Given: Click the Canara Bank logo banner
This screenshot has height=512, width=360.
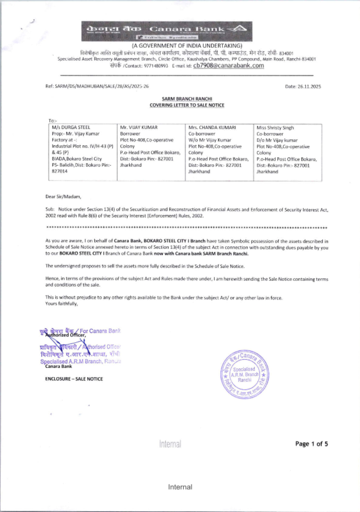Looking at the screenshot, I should pos(167,31).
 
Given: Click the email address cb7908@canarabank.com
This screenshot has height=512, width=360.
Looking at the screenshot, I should pos(229,65).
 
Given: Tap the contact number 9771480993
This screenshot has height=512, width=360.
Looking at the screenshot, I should pos(156,66).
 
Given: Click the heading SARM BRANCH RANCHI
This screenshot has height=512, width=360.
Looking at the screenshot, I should pos(187,99).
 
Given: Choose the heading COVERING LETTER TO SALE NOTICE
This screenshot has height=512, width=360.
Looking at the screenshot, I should pos(187,105).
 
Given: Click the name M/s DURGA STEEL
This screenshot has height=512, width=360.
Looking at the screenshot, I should pos(71,127).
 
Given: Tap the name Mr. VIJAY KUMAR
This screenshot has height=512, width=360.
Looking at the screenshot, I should pos(139,127).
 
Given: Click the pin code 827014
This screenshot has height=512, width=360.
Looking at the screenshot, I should pos(59,171).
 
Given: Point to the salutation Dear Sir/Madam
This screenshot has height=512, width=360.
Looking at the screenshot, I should pos(63,196).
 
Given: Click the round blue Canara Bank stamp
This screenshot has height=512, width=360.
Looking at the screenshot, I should pos(244,374).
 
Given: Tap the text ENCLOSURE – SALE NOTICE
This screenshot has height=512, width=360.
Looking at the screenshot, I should pos(74,379).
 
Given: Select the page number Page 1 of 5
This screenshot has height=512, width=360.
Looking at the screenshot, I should pos(311,444).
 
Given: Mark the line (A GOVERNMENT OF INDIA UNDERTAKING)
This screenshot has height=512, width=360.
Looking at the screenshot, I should pos(187,46).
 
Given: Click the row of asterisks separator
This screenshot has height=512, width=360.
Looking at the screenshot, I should pos(187,228).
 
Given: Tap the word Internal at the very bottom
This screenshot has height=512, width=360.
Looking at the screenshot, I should pos(180,487).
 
